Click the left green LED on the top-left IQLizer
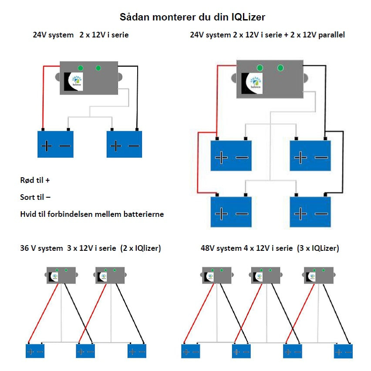click(x=81, y=68)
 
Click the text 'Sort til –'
click(x=35, y=197)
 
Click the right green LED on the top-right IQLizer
click(x=280, y=68)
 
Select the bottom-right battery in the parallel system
click(x=310, y=212)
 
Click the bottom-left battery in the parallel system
click(x=231, y=212)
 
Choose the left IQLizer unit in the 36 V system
click(x=61, y=275)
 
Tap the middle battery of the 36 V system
click(x=86, y=351)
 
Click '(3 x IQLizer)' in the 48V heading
click(x=318, y=249)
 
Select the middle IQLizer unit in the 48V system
click(x=266, y=276)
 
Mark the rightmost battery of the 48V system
click(x=343, y=351)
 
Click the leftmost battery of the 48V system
click(x=190, y=351)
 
